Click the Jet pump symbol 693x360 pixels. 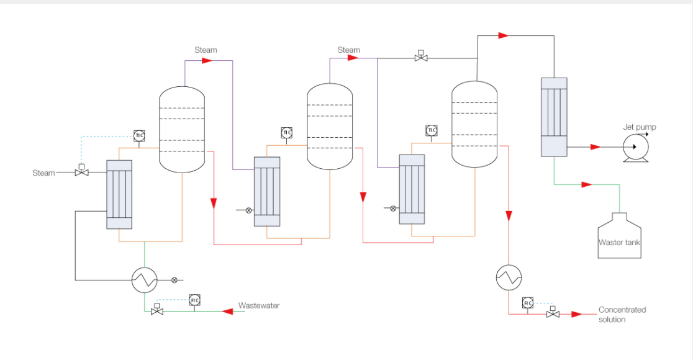(x=635, y=148)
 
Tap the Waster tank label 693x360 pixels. (x=619, y=243)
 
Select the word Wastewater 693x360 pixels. (x=259, y=305)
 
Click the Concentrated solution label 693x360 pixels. (x=622, y=315)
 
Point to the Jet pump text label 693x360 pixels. (x=640, y=127)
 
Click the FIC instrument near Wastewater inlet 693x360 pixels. (x=194, y=300)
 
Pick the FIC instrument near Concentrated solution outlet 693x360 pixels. (x=528, y=303)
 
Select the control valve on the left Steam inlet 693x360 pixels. (x=82, y=171)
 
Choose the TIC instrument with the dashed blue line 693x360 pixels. (x=139, y=135)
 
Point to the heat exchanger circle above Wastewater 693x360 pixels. (x=145, y=280)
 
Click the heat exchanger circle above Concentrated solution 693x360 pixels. (x=509, y=277)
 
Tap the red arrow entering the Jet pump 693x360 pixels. (x=596, y=146)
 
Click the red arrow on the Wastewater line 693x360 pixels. (x=228, y=312)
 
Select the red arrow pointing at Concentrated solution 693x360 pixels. (x=577, y=315)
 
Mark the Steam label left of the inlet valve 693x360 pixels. (x=43, y=173)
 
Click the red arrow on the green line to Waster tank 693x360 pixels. (x=587, y=184)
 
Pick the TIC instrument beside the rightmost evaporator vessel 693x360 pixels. (x=432, y=130)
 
